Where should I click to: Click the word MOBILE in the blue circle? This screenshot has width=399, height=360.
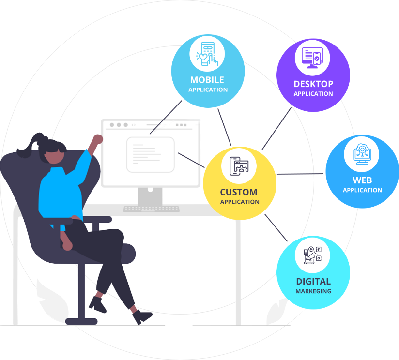click(207, 80)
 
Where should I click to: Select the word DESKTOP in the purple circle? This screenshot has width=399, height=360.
click(313, 84)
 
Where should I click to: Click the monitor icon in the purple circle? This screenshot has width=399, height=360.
click(313, 58)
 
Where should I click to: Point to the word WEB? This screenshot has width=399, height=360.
click(362, 180)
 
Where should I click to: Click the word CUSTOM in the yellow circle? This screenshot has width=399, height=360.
click(239, 192)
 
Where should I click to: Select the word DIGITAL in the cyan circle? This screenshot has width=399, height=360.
click(313, 281)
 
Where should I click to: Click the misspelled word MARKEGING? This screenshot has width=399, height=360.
click(313, 291)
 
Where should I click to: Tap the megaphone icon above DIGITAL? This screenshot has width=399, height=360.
click(313, 255)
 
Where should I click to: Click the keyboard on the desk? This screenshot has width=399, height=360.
click(151, 209)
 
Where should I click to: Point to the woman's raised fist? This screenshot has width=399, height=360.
click(98, 139)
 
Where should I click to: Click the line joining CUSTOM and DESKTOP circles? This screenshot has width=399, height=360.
click(276, 128)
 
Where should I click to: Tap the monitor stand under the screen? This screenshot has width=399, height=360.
click(151, 196)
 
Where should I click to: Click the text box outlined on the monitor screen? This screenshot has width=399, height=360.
click(150, 154)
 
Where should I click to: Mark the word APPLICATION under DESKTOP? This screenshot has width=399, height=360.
click(313, 94)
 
